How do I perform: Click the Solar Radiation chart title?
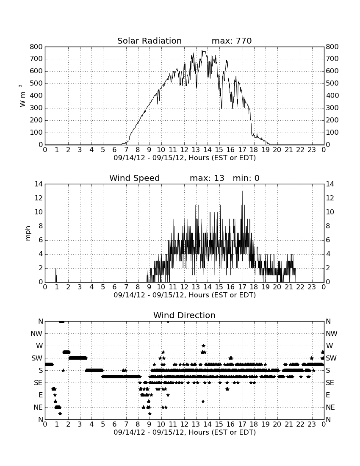click(x=150, y=41)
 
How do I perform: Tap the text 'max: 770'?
click(x=232, y=41)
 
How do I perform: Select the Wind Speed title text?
click(x=135, y=178)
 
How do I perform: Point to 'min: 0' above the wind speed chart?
click(x=246, y=178)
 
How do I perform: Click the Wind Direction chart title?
click(x=185, y=315)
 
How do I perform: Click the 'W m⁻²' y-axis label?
click(x=22, y=96)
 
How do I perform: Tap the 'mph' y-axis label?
click(x=28, y=233)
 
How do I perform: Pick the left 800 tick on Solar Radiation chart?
click(x=36, y=47)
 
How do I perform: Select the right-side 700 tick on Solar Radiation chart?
click(x=332, y=59)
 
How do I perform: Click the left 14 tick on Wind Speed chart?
click(x=39, y=184)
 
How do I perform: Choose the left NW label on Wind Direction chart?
click(x=36, y=334)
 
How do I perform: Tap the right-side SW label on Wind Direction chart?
click(x=331, y=358)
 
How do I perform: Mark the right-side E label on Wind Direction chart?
click(x=328, y=395)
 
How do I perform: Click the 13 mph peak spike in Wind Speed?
click(x=243, y=191)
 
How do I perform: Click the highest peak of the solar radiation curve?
click(x=203, y=51)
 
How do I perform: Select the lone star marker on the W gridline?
click(x=203, y=346)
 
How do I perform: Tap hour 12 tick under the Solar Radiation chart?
click(x=184, y=150)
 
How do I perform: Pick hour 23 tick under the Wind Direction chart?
click(x=312, y=424)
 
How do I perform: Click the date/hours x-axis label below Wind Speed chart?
click(x=185, y=295)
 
